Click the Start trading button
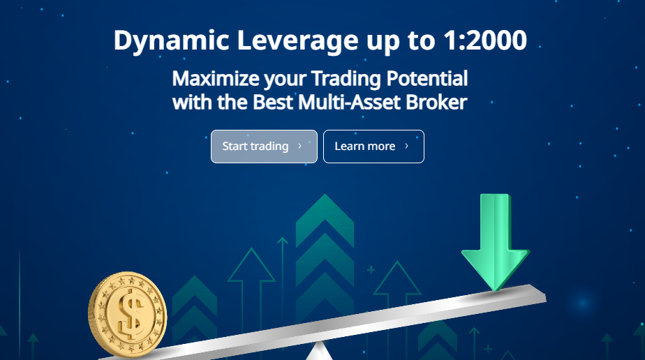tap(264, 147)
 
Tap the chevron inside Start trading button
tap(300, 146)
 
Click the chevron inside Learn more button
tap(407, 146)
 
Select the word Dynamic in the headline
tap(171, 41)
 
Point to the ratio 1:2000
tap(485, 40)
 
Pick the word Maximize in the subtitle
tap(216, 79)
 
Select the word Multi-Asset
tap(349, 102)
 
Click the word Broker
tap(436, 102)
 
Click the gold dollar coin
tap(128, 315)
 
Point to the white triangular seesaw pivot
tap(317, 352)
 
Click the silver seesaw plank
tap(325, 322)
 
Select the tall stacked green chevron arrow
tap(325, 255)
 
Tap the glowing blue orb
tap(582, 303)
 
